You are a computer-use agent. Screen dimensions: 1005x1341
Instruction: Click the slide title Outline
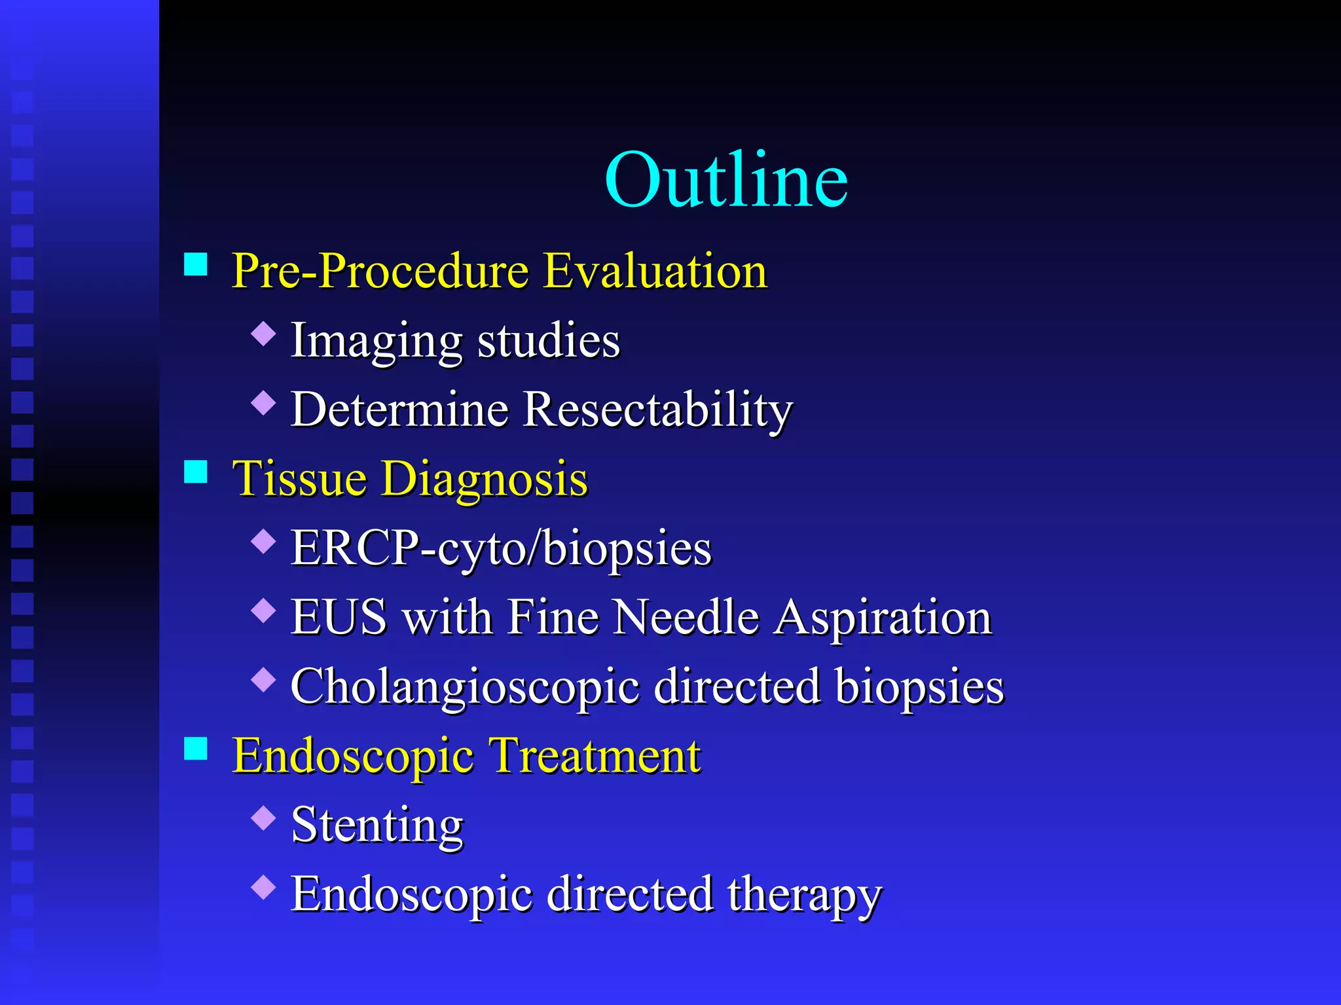point(726,180)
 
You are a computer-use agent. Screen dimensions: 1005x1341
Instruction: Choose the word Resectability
point(658,410)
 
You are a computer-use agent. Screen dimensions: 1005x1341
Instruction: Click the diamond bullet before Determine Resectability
point(263,402)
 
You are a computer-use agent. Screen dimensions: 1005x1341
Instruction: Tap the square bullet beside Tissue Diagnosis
point(196,471)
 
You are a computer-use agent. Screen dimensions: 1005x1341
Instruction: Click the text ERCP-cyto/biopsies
point(501,548)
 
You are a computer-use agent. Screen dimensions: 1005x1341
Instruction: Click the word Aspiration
point(883,618)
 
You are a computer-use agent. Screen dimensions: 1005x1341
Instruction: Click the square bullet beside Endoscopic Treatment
point(196,749)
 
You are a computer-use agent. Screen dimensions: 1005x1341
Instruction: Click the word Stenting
point(377,826)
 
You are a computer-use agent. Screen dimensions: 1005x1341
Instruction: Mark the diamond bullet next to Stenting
point(263,818)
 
